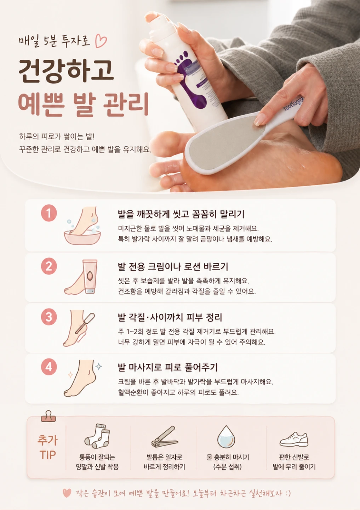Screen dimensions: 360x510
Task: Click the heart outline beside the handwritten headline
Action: click(101, 41)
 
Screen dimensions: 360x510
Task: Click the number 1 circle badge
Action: click(49, 213)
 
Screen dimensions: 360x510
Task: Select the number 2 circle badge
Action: click(49, 266)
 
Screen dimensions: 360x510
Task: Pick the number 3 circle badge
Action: click(49, 317)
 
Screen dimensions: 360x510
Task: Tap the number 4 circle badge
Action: click(49, 367)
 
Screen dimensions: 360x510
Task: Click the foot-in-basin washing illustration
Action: click(82, 226)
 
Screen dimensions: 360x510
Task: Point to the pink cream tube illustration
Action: click(90, 276)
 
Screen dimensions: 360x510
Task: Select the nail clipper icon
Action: click(165, 437)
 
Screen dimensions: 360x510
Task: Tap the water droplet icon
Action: click(226, 437)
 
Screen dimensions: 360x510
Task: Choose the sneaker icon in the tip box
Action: click(294, 439)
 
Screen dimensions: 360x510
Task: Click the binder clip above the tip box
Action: click(48, 416)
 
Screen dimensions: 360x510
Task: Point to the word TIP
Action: click(47, 455)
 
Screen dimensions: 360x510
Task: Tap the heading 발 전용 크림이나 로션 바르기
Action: click(173, 267)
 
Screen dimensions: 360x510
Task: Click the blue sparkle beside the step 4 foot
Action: click(98, 366)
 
